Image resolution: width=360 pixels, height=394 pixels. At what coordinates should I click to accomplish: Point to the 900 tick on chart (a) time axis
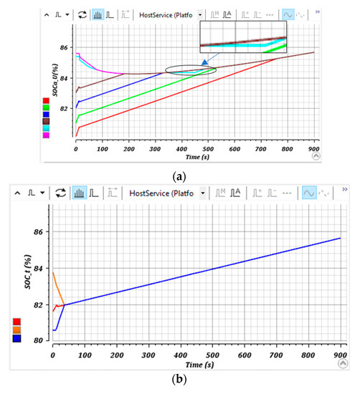coord(313,150)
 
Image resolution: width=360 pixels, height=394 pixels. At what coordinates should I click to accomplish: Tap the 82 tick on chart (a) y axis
coord(63,108)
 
